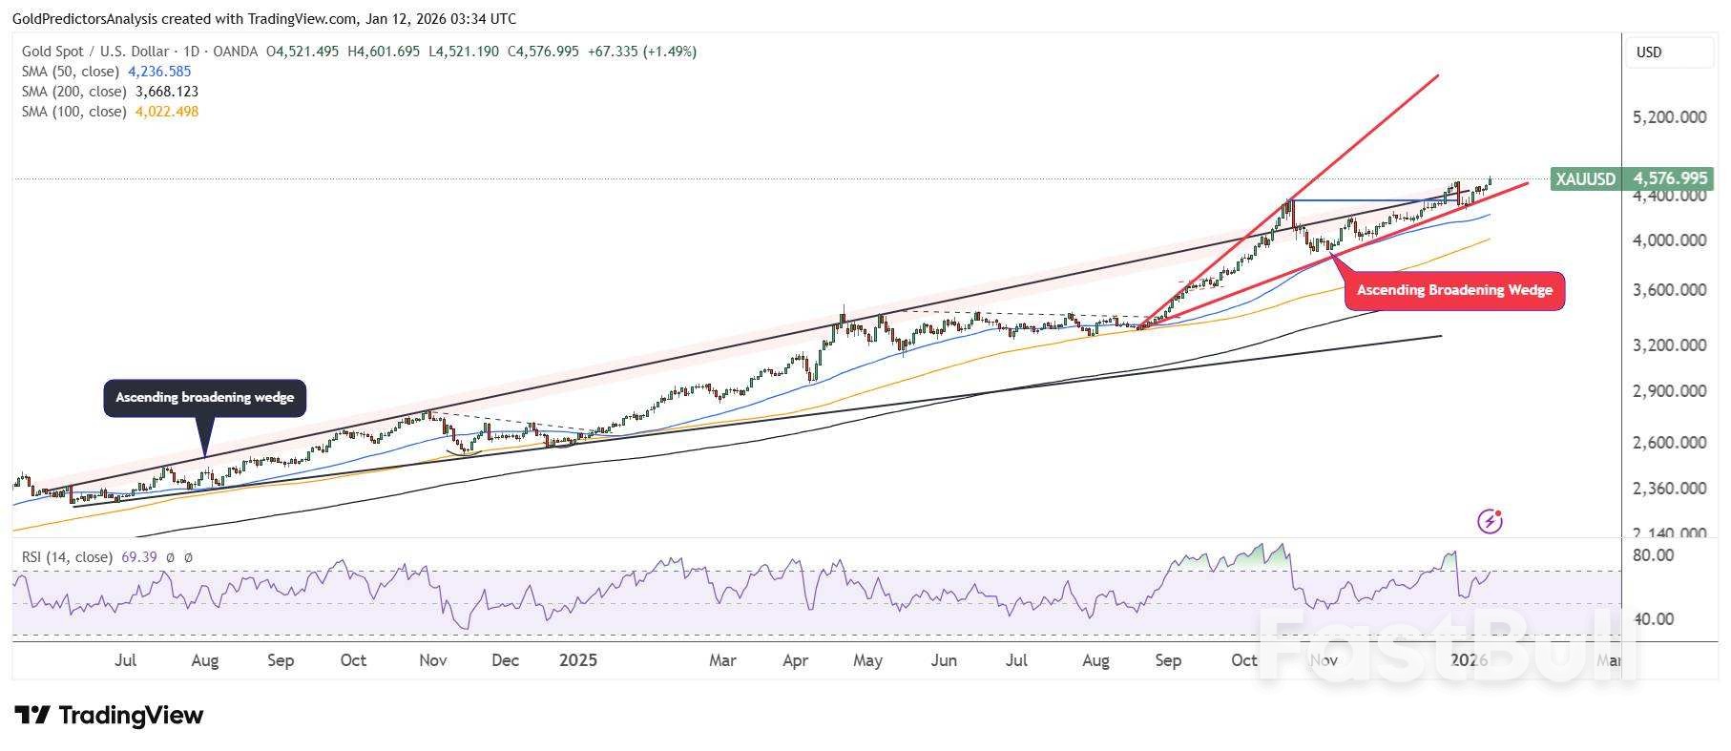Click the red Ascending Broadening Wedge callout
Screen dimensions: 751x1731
[x=1454, y=290]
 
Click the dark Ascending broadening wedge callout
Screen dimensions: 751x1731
[x=204, y=397]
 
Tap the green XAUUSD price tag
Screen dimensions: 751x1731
[x=1631, y=178]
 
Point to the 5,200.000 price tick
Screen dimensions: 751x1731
[x=1670, y=117]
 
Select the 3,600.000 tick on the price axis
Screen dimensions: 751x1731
[x=1670, y=290]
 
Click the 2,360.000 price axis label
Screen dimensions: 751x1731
[x=1670, y=489]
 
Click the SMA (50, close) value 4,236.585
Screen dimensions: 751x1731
[x=159, y=72]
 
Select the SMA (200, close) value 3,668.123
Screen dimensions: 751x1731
[x=166, y=92]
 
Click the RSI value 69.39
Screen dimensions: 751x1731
[x=139, y=557]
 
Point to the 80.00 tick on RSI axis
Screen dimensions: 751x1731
[x=1654, y=555]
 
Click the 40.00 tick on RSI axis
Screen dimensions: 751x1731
[x=1654, y=619]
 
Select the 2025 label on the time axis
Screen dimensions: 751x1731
[x=577, y=660]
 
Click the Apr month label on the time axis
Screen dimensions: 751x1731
[x=795, y=660]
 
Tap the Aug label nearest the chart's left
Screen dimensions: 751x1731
[x=204, y=660]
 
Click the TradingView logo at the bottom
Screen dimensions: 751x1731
[x=109, y=715]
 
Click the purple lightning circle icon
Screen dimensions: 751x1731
[x=1490, y=521]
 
